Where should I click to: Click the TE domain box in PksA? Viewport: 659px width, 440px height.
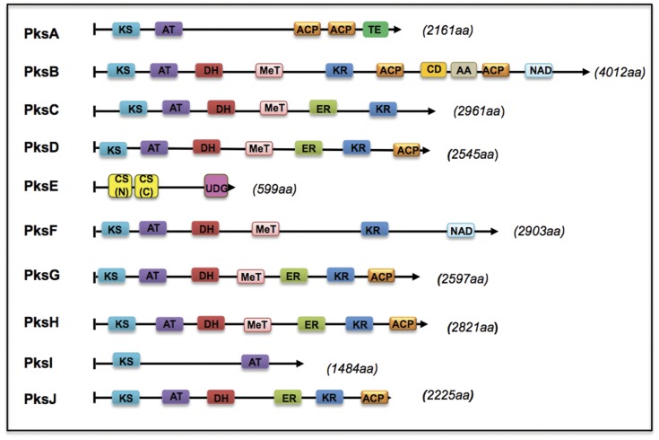(x=375, y=31)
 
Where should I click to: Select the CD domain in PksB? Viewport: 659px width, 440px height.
(x=433, y=70)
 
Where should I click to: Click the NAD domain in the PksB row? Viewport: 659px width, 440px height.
(x=540, y=70)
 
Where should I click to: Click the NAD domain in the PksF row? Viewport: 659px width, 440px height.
(x=461, y=231)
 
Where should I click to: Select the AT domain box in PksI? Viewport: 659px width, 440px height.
(x=255, y=362)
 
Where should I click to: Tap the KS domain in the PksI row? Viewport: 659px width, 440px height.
(x=126, y=362)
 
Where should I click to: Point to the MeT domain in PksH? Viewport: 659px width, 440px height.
(x=257, y=324)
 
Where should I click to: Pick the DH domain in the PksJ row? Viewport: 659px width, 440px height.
(x=220, y=396)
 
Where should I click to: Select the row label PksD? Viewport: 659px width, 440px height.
(x=42, y=149)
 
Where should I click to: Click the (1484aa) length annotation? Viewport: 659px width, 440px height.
(x=351, y=368)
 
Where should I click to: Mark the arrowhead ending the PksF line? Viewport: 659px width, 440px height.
(x=495, y=231)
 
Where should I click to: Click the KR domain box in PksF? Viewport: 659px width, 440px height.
(x=374, y=231)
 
